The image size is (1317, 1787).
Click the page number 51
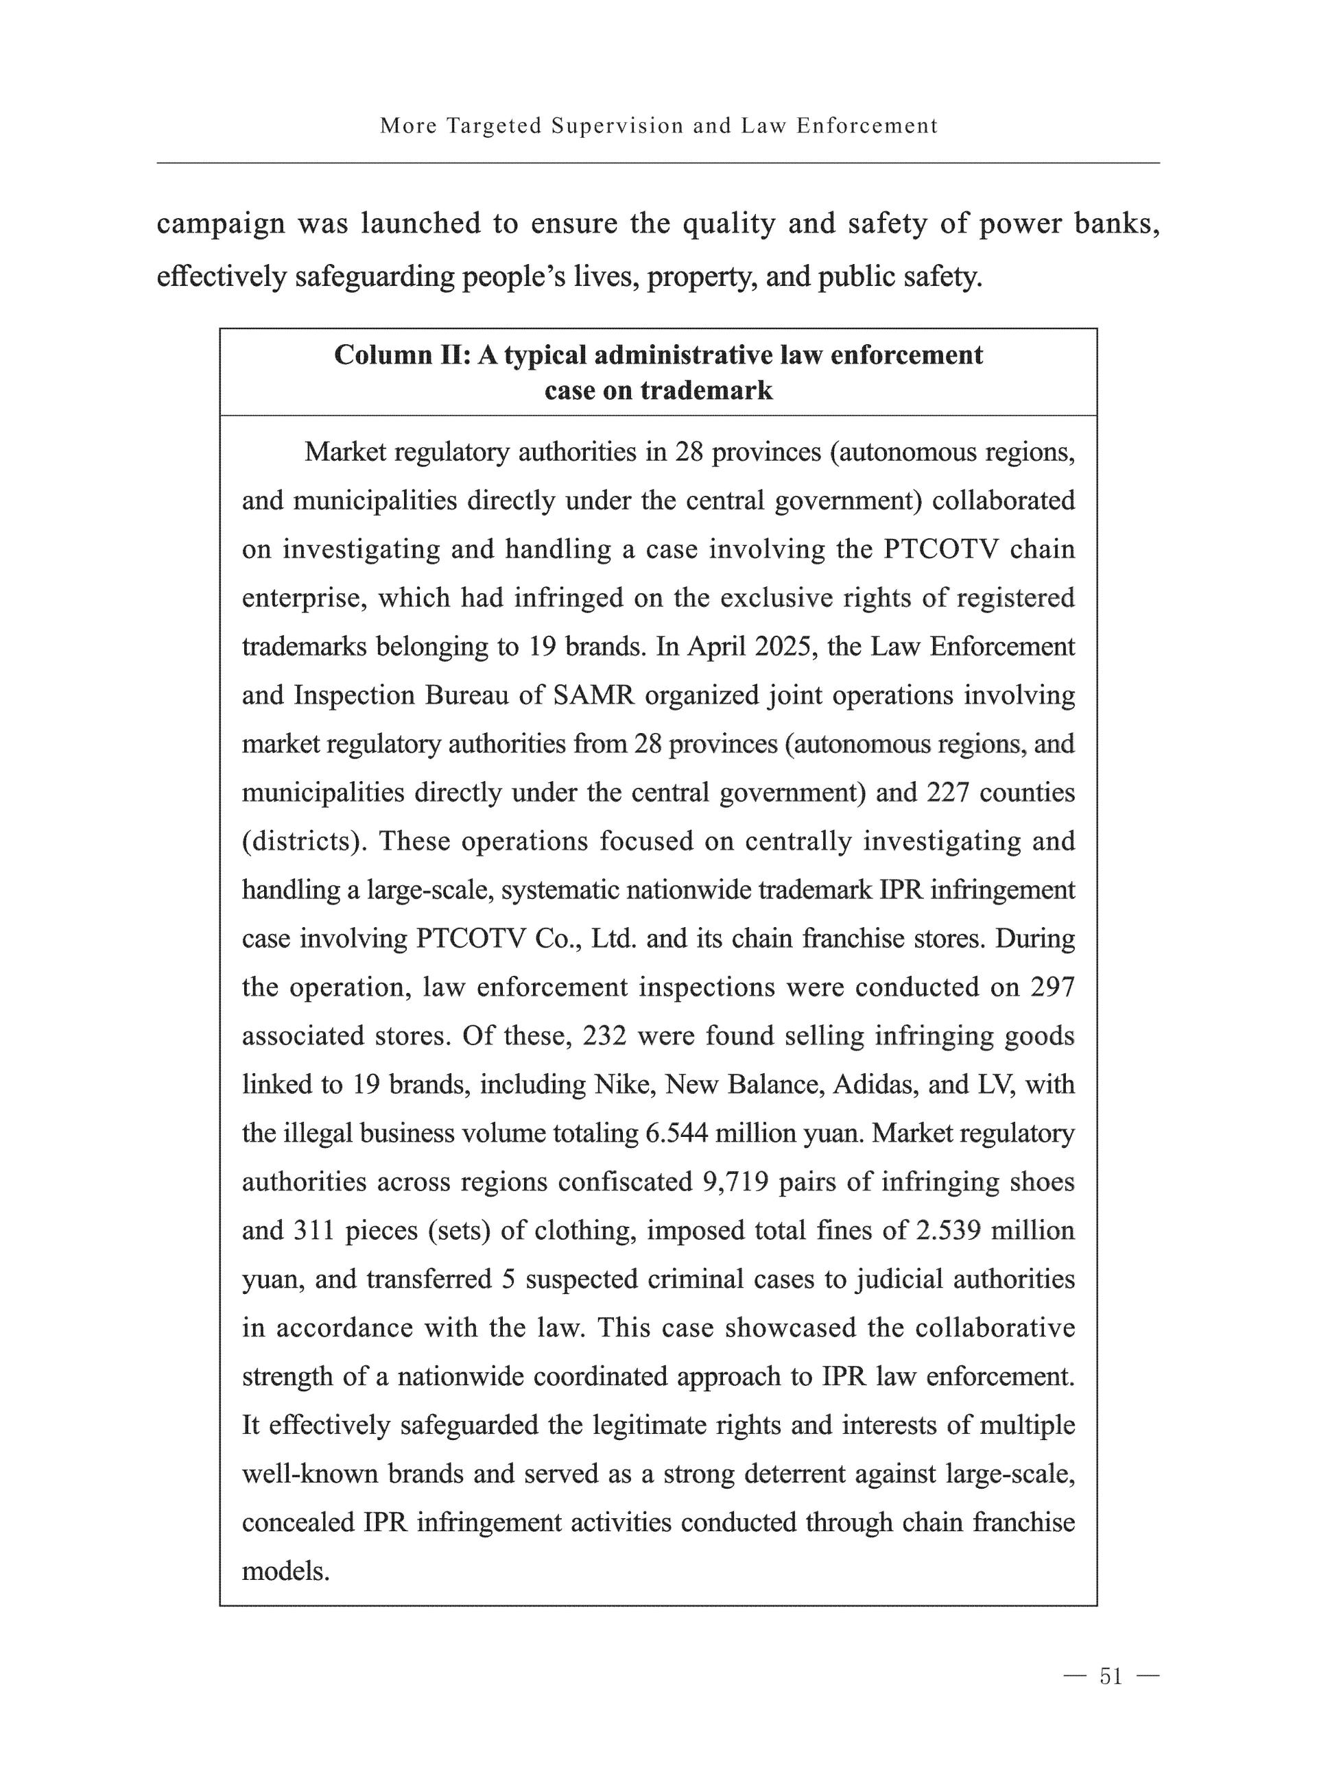(1111, 1677)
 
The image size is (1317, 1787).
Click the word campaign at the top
(220, 224)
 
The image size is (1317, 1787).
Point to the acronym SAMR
(594, 695)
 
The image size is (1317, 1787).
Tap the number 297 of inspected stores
(1052, 987)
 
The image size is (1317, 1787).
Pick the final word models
(285, 1571)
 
